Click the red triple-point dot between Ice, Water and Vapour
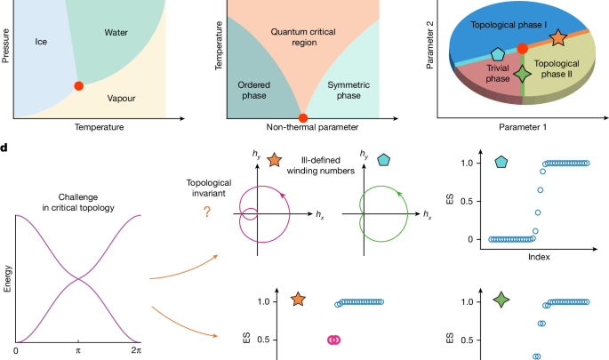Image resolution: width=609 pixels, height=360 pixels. pos(79,86)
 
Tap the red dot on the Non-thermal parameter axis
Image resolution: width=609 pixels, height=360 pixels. pos(303,118)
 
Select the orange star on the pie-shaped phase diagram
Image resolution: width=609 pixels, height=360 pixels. pos(557,37)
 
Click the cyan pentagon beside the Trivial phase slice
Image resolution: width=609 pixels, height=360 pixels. pos(498,55)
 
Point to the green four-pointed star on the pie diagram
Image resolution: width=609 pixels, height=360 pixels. pos(523,74)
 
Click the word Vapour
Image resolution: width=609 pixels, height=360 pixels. pos(121,99)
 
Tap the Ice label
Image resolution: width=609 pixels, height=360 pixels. pos(41,42)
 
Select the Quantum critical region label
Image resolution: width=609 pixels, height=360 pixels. pos(303,37)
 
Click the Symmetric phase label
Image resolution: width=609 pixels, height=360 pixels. pos(349,90)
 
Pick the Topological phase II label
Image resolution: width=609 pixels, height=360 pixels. pos(557,68)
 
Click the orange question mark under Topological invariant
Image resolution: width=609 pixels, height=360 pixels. pos(207,212)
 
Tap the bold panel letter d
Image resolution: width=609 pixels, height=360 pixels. pos(4,148)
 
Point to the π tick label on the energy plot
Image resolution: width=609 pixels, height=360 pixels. pos(78,350)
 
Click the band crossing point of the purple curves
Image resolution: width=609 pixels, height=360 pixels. pos(78,278)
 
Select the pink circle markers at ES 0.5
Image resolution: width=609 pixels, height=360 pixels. pos(333,340)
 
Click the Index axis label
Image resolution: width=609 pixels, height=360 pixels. pos(539,257)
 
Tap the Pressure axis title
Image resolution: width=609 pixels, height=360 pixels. pos(5,45)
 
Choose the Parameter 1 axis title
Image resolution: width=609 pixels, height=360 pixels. pos(523,127)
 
